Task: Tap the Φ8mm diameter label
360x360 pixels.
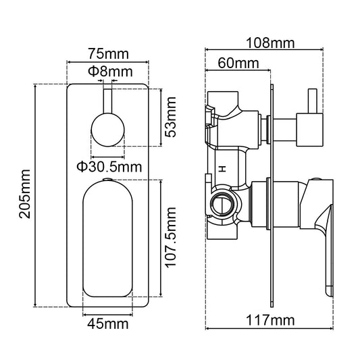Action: coord(108,70)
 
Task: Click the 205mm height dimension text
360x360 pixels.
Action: coord(26,195)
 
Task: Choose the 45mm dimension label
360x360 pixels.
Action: coord(108,324)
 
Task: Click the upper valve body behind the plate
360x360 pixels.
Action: coord(233,122)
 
